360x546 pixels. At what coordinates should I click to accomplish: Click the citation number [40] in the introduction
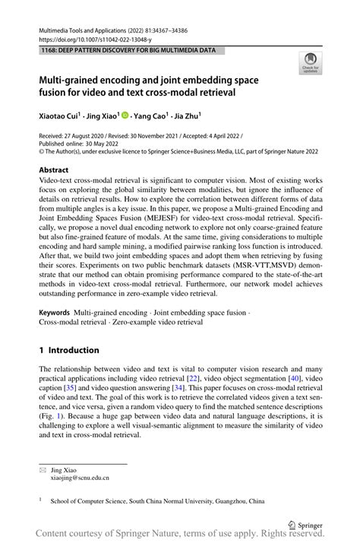[298, 377]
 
